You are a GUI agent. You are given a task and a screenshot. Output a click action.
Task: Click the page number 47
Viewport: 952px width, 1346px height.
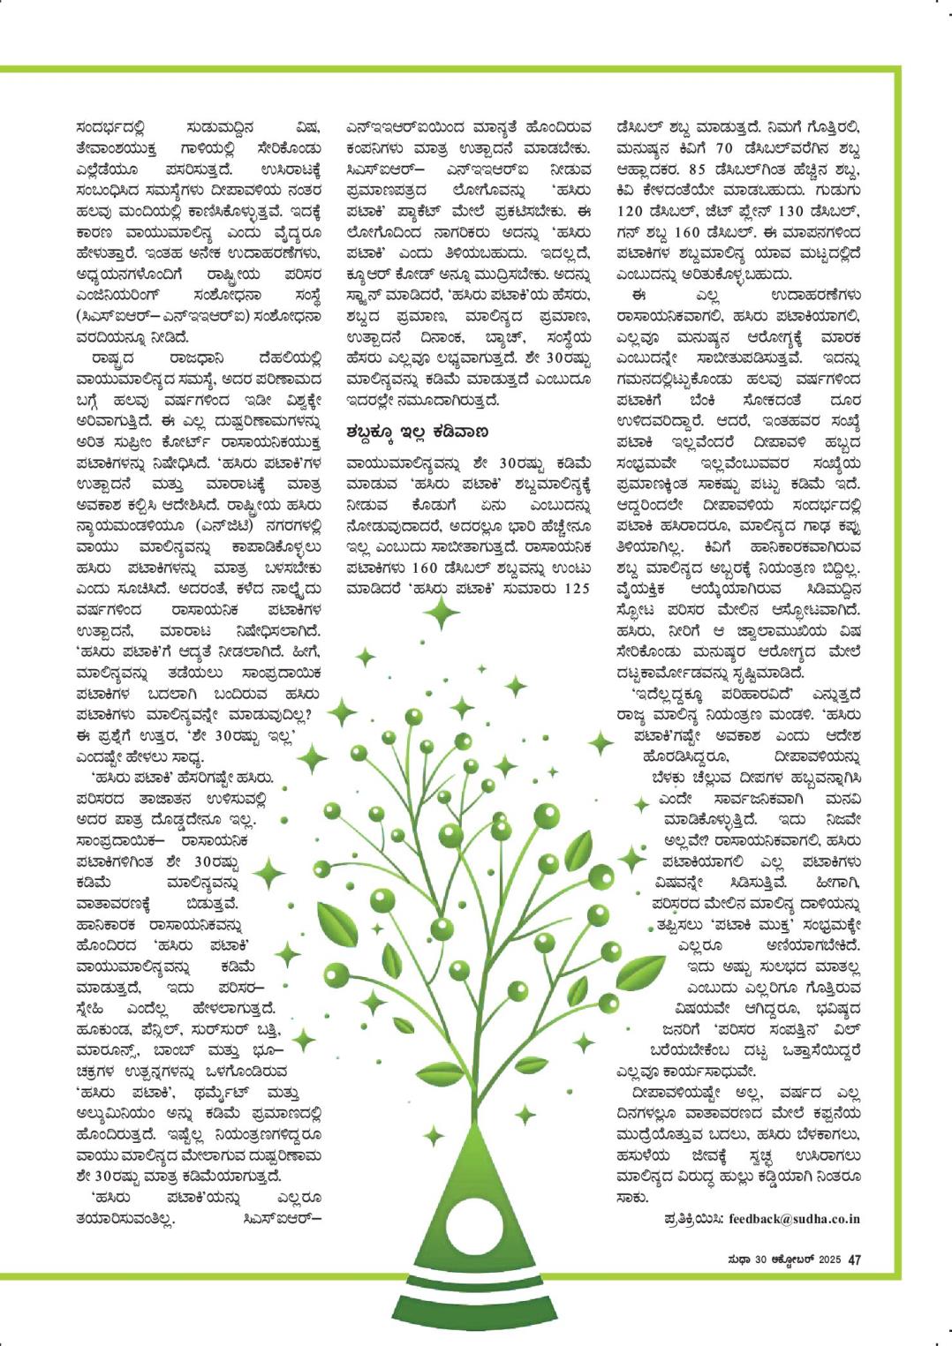854,1260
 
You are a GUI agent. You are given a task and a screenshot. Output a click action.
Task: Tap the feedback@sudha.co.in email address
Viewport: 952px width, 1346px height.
794,1219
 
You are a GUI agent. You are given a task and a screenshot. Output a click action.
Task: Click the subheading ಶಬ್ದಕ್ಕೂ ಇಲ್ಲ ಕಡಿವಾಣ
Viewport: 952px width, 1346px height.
418,432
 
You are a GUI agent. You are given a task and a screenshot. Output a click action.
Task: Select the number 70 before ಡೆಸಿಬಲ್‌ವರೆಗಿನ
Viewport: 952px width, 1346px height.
723,148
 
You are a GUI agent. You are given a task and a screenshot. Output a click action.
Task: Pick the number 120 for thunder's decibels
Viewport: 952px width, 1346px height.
631,212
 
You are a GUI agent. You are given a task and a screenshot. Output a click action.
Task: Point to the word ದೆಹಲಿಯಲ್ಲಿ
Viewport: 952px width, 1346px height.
290,358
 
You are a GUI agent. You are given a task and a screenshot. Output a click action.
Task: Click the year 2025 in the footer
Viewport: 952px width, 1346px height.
831,1260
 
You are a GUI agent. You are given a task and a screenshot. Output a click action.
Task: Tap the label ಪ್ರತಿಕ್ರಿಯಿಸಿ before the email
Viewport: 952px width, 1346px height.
694,1219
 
